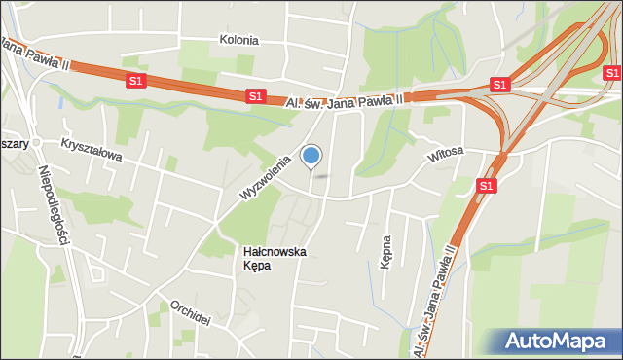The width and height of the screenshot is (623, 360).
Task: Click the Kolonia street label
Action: pyautogui.click(x=238, y=41)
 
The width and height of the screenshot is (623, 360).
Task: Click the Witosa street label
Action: pyautogui.click(x=445, y=153)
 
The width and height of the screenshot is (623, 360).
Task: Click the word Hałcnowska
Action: pyautogui.click(x=275, y=251)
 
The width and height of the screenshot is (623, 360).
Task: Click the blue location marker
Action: pyautogui.click(x=311, y=155)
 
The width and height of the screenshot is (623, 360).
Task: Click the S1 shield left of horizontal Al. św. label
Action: pyautogui.click(x=255, y=95)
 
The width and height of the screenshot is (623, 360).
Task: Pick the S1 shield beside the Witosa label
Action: pyautogui.click(x=488, y=184)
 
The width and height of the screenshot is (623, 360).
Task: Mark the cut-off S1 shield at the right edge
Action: pyautogui.click(x=612, y=73)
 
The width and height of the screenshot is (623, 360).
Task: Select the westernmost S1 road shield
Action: pyautogui.click(x=135, y=82)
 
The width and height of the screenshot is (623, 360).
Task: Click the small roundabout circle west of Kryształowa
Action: pyautogui.click(x=36, y=143)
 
